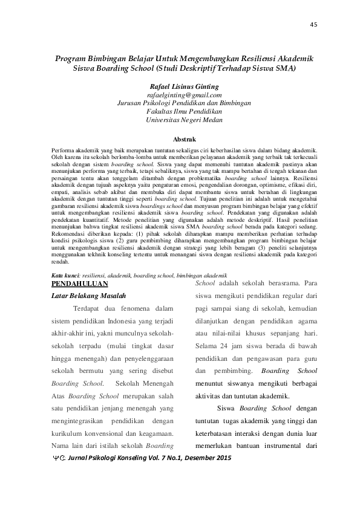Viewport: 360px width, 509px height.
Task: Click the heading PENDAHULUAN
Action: (80, 284)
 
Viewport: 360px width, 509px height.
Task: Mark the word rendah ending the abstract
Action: (61, 262)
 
